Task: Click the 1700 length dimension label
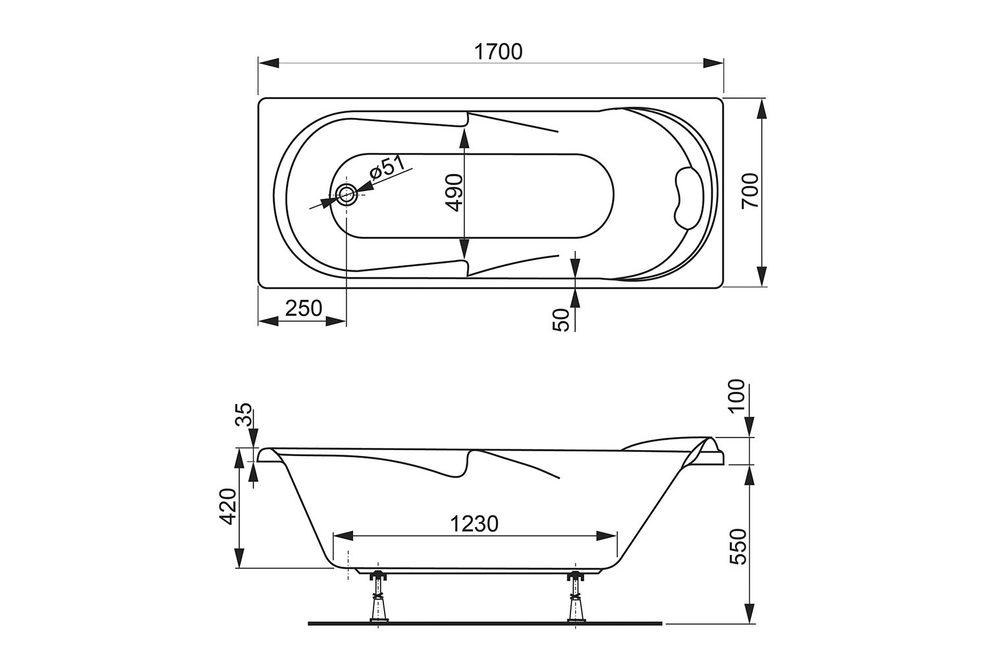(498, 51)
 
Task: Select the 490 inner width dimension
(454, 192)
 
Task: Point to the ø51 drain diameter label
(388, 169)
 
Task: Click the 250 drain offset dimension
(304, 308)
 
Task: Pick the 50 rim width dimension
(561, 320)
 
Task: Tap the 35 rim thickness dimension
(244, 414)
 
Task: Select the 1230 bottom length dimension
(474, 524)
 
